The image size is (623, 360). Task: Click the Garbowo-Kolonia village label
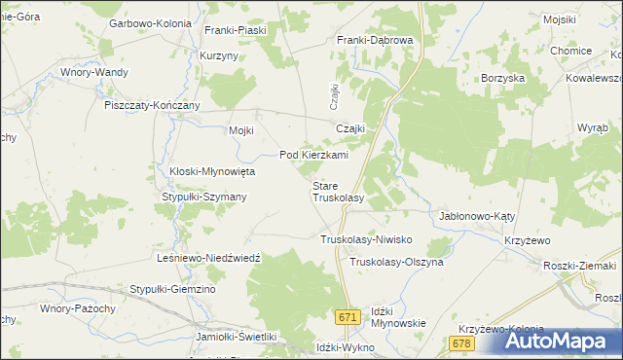click(150, 22)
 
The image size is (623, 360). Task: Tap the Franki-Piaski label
click(235, 30)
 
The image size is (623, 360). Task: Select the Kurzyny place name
click(219, 56)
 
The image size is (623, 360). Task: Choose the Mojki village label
click(240, 131)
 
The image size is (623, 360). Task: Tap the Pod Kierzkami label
click(313, 155)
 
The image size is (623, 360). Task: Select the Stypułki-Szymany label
click(203, 197)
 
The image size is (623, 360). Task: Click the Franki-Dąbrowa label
click(376, 40)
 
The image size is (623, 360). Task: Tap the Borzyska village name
click(503, 77)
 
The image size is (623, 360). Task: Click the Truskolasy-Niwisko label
click(368, 239)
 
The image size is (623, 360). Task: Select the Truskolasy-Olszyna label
click(396, 263)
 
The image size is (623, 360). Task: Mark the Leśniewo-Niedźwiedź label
click(208, 258)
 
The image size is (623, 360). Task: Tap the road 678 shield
click(461, 343)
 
